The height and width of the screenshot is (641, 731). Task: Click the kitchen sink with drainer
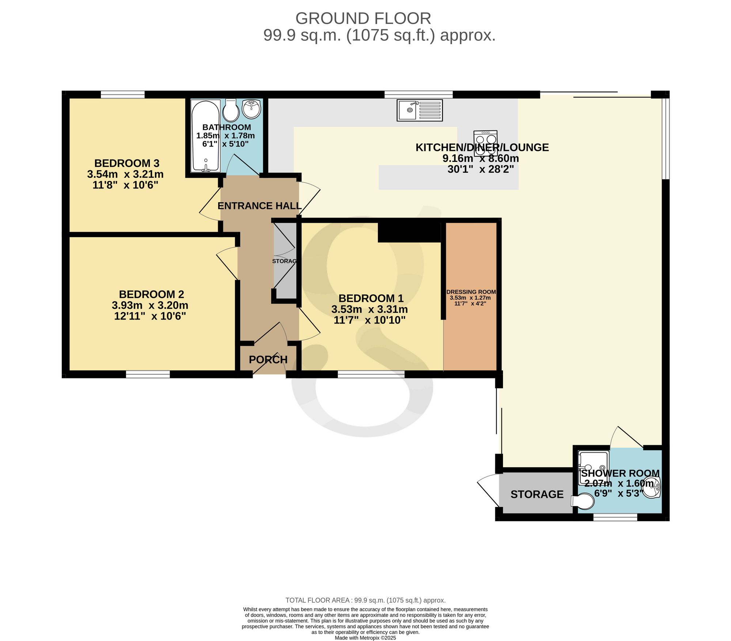[x=420, y=110]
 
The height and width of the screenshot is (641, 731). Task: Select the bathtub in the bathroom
[x=205, y=136]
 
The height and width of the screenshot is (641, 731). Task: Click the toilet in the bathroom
[x=231, y=110]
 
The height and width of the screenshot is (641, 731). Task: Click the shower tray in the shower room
[x=594, y=468]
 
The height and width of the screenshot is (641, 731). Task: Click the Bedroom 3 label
[x=127, y=163]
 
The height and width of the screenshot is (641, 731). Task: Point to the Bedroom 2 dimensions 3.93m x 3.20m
[x=150, y=305]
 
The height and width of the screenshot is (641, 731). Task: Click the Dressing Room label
[x=471, y=292]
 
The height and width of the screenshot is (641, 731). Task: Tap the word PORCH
[x=268, y=360]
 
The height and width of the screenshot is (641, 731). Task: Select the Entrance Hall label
[x=260, y=206]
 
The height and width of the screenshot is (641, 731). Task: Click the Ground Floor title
[x=363, y=18]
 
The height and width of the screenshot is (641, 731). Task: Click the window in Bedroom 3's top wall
[x=122, y=95]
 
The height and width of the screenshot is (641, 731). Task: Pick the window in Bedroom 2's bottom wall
[x=148, y=374]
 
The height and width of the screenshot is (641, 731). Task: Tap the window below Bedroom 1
[x=371, y=374]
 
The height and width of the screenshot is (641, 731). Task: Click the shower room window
[x=615, y=517]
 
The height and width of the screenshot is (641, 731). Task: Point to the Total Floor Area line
[x=365, y=600]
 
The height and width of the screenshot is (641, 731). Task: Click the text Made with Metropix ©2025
[x=365, y=638]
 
